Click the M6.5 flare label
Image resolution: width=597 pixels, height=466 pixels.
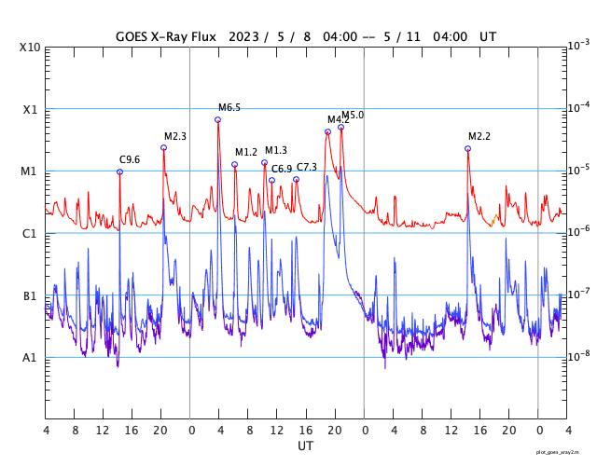click(229, 108)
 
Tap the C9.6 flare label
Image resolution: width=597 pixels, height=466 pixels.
click(130, 160)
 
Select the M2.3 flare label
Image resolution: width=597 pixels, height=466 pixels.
click(175, 136)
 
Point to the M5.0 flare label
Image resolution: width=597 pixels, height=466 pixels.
click(353, 116)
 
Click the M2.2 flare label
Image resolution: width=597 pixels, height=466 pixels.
click(479, 137)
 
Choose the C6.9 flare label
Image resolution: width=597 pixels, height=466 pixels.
click(282, 169)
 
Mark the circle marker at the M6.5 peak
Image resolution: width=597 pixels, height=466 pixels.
click(218, 119)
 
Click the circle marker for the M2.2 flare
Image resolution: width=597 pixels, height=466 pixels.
click(467, 148)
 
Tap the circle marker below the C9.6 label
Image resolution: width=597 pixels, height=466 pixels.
click(119, 171)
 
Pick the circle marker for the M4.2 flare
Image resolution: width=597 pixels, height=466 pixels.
click(327, 131)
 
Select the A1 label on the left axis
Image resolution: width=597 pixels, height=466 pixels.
click(30, 358)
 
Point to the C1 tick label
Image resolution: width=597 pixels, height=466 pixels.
click(30, 234)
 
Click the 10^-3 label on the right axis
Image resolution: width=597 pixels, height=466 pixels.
click(578, 45)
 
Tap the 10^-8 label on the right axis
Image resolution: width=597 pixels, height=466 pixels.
click(578, 356)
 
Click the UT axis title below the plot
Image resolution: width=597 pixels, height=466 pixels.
click(306, 446)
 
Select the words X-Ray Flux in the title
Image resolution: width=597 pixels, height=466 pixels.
click(183, 36)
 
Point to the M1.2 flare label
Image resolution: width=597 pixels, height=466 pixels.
click(246, 153)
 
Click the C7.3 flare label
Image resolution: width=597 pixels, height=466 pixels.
click(307, 168)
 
